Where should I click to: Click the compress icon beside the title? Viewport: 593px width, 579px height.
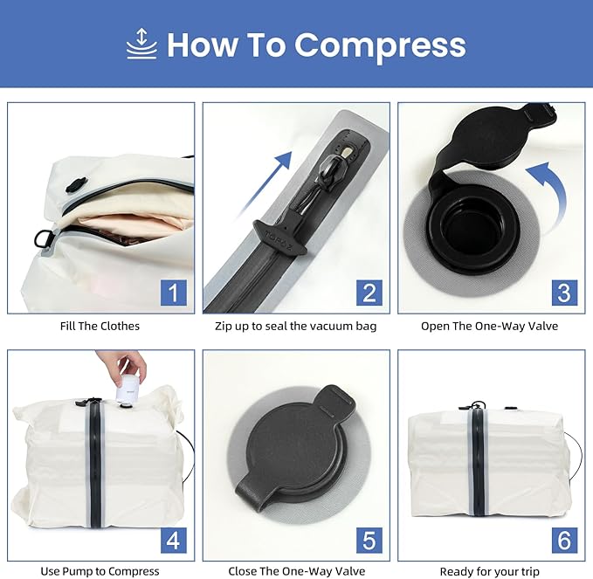point(141,44)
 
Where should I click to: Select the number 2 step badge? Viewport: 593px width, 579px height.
point(369,292)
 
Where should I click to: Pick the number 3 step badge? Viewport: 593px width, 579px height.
point(564,292)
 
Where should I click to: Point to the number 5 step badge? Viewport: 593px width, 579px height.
point(369,539)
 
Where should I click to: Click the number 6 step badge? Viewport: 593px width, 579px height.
point(564,539)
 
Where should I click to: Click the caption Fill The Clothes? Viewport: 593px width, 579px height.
point(101,326)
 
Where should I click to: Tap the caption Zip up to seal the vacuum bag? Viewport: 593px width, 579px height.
point(296,326)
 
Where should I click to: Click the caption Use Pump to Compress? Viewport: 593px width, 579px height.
point(100,571)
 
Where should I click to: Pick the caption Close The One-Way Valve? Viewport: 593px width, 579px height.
point(296,571)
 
